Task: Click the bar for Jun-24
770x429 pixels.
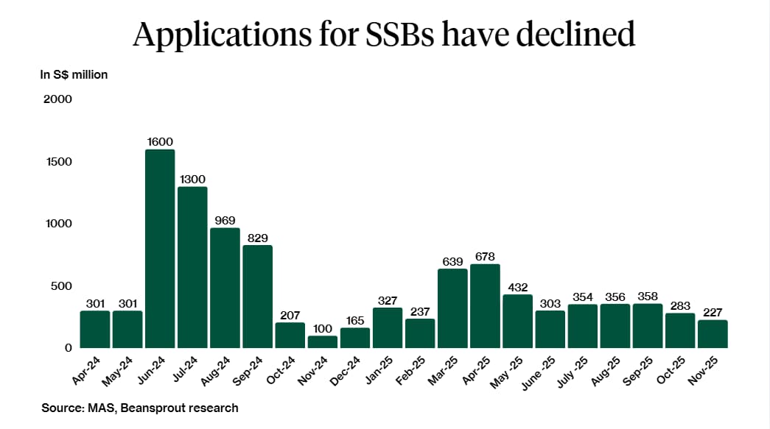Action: click(160, 249)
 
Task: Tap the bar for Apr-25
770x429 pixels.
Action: click(485, 305)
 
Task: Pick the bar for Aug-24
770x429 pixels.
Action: click(225, 288)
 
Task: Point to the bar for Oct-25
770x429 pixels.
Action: click(680, 330)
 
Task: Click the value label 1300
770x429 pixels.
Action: click(192, 179)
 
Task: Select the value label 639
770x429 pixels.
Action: click(452, 261)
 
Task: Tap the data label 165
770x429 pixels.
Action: click(355, 320)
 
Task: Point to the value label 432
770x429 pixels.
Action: click(517, 287)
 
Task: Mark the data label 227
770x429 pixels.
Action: click(713, 312)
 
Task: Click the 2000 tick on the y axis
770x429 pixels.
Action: click(57, 99)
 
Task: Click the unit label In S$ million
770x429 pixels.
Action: click(74, 74)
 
